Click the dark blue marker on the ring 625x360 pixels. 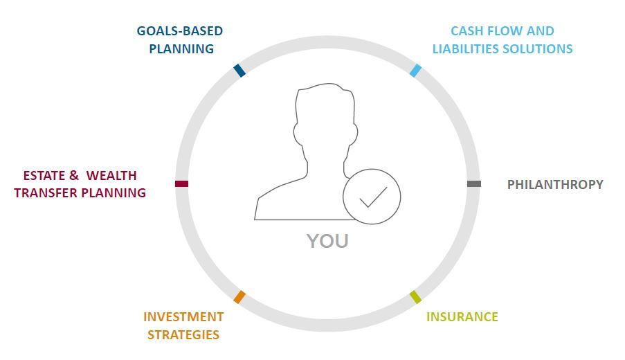click(239, 70)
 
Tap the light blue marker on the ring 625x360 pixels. click(415, 70)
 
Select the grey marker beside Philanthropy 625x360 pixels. click(474, 183)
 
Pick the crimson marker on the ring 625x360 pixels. click(181, 183)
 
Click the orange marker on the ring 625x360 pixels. click(239, 297)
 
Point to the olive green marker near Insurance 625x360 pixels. click(415, 297)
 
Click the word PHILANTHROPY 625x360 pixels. click(555, 185)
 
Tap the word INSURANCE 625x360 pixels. click(462, 316)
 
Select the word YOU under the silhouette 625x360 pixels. click(327, 241)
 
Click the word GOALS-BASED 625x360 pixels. click(180, 30)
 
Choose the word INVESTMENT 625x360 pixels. click(183, 316)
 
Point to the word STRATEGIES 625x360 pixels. click(183, 334)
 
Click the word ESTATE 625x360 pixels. click(44, 175)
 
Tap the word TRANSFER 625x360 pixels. click(46, 193)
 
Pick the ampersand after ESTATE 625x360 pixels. click(74, 175)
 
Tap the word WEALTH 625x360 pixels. click(111, 175)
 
